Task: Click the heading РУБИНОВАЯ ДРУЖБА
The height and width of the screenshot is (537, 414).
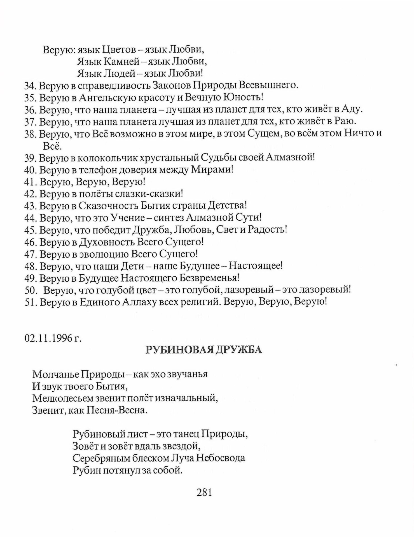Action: [204, 350]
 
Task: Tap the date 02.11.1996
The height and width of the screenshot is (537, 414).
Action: [49, 338]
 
